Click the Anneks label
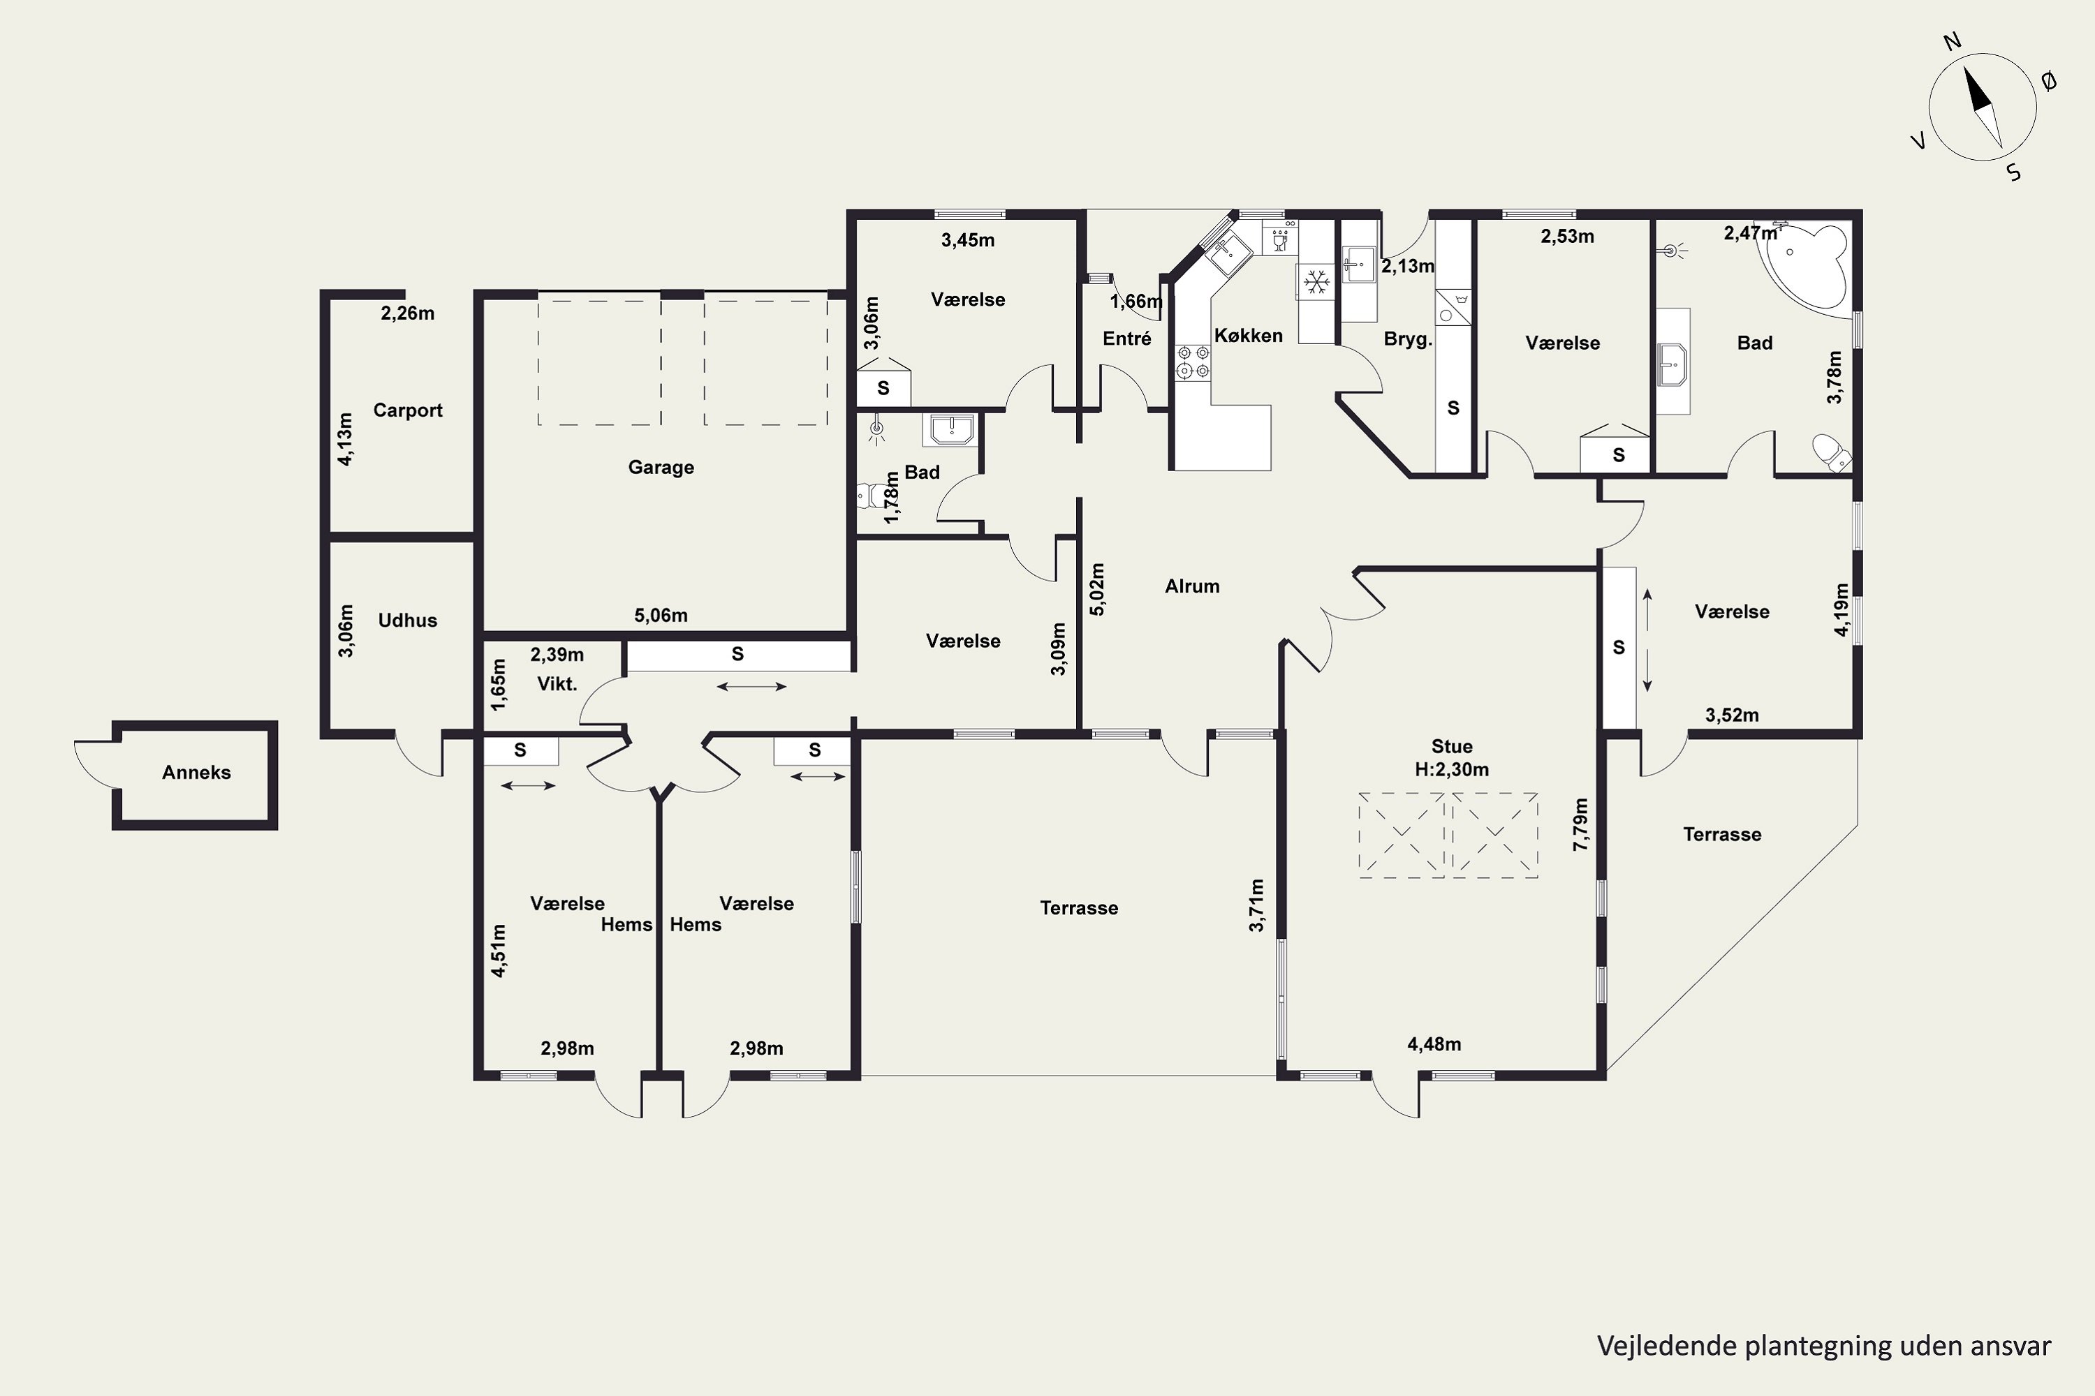pos(196,773)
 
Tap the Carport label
pos(407,410)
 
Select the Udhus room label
pos(407,621)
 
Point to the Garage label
pos(660,468)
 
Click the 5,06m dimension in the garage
pos(660,615)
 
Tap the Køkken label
pos(1248,336)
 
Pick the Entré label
pos(1127,339)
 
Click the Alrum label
pos(1192,586)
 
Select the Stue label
pos(1452,746)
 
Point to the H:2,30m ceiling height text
pos(1452,769)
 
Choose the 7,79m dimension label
pos(1580,824)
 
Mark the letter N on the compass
pos(1952,66)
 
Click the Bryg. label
pos(1407,339)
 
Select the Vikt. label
pos(557,684)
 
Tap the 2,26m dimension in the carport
pos(407,313)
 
